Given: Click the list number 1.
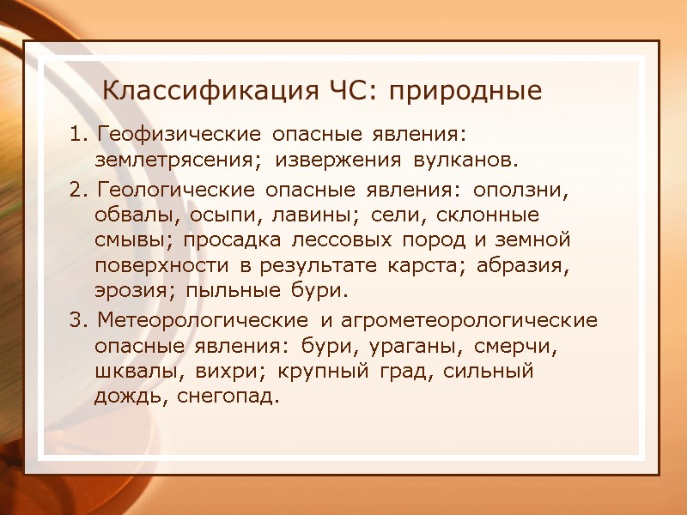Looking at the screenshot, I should coord(76,135).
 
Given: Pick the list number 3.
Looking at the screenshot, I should coord(76,321).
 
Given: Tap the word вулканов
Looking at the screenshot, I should coord(466,161).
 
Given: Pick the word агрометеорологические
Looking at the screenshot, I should coord(470,321).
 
